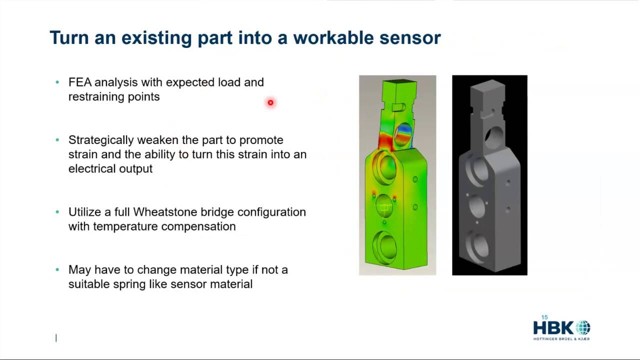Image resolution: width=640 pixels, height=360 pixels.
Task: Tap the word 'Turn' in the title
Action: pos(69,37)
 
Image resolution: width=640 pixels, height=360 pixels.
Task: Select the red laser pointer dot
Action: pos(270,102)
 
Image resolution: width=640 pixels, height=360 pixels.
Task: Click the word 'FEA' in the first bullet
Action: pos(80,82)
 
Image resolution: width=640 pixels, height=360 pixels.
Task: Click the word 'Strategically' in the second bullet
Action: pos(101,140)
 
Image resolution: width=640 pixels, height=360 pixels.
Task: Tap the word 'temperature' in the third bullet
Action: pos(125,227)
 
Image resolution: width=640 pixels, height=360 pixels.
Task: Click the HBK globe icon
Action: pos(583,327)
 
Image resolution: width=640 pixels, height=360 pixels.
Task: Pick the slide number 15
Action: pos(544,317)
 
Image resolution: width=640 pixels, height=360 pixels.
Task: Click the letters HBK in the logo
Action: pos(553,327)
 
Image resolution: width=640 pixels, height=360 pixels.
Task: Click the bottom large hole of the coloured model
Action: pos(384,248)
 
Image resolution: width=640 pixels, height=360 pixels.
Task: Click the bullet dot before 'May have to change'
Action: pos(57,269)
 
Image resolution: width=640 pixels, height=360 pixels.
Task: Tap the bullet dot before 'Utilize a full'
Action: pos(57,211)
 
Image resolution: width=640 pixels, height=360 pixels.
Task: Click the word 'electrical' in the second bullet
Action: pos(91,169)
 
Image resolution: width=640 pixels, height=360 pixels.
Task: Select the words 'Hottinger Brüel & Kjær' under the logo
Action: pos(561,339)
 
